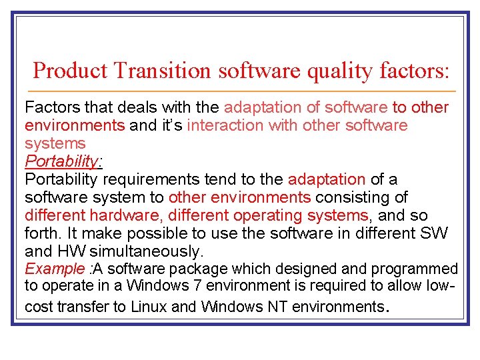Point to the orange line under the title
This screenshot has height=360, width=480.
tap(240, 91)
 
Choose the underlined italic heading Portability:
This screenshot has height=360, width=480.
tap(63, 161)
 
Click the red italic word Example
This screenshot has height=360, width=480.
tap(53, 269)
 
